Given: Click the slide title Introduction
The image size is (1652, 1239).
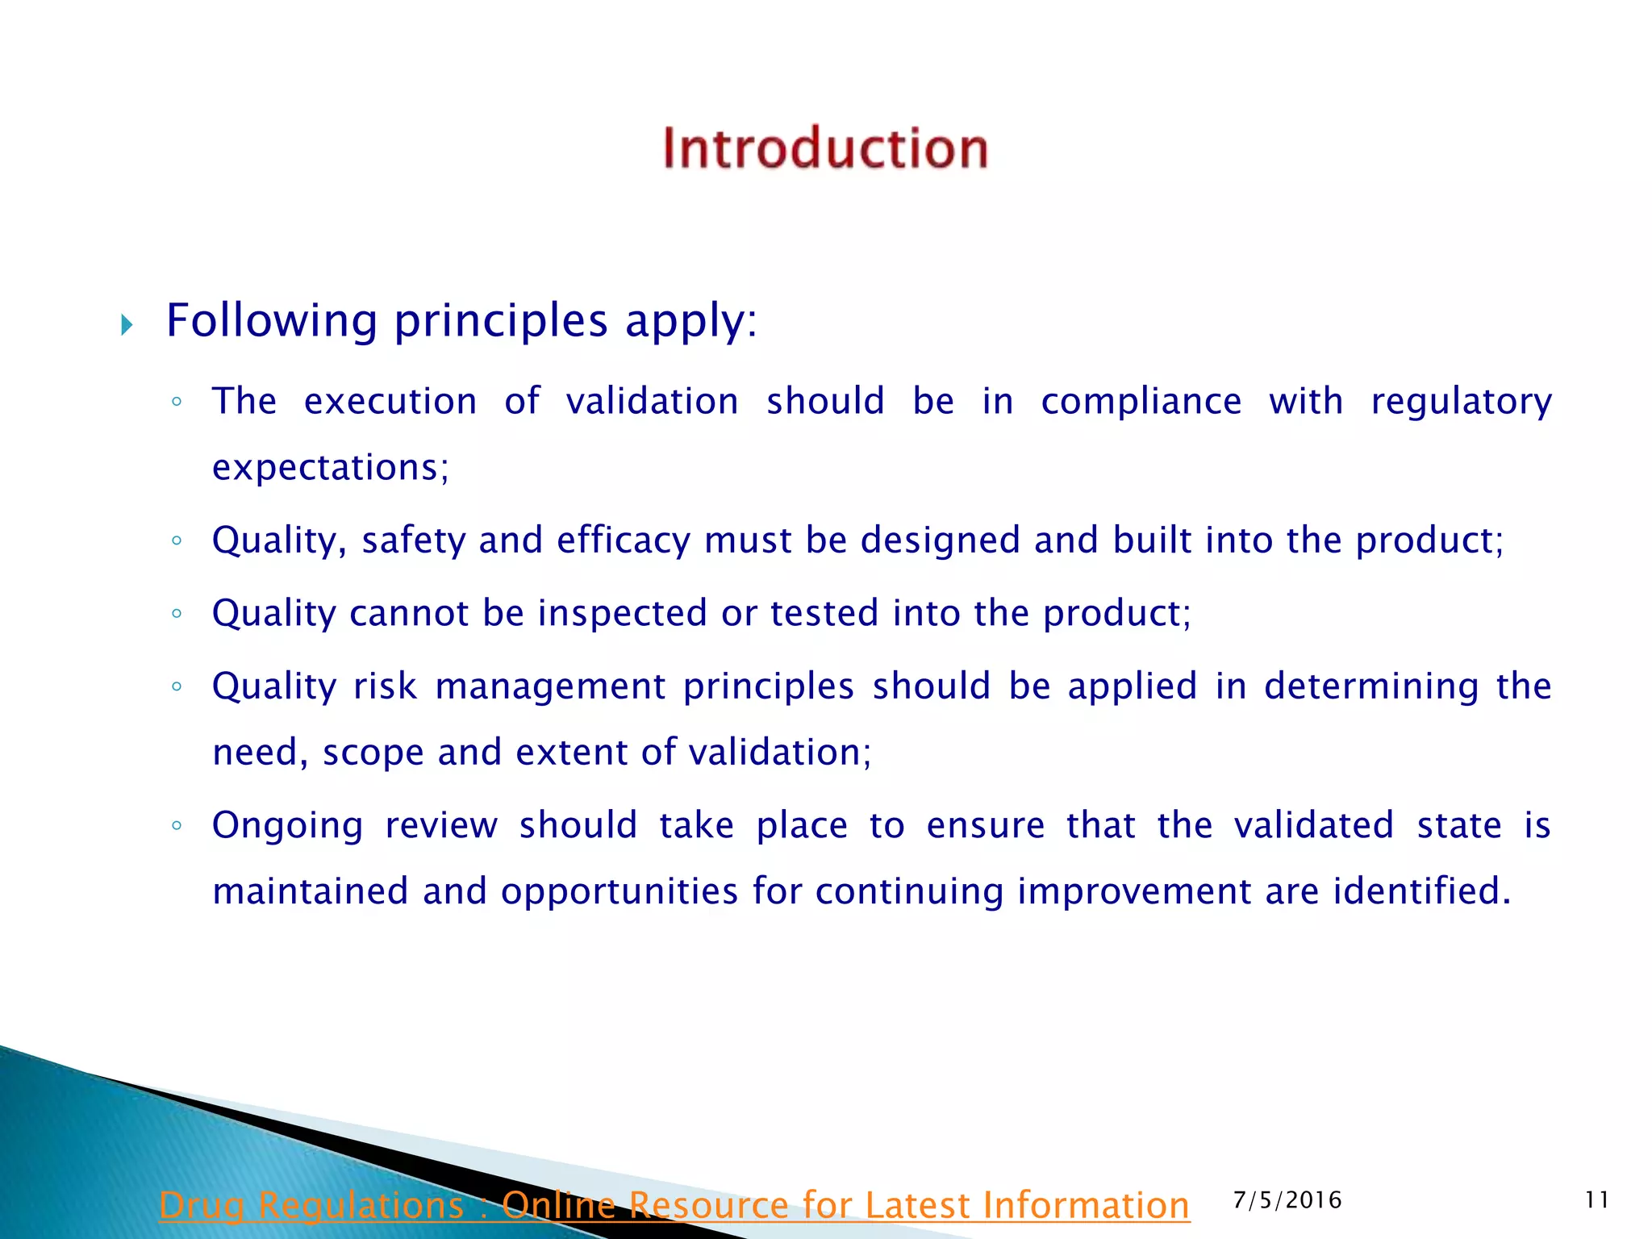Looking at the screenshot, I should pos(825,148).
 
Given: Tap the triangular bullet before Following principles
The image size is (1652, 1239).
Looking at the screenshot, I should pos(127,325).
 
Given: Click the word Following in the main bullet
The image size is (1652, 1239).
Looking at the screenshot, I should pos(272,321).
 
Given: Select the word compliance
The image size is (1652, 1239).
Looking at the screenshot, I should pos(1141,402).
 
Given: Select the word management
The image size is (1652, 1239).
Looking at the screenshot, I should pos(551,686).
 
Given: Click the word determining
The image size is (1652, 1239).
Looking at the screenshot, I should pos(1371,687).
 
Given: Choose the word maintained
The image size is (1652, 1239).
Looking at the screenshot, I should pos(310,892).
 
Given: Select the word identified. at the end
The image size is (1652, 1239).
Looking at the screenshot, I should pos(1421,892).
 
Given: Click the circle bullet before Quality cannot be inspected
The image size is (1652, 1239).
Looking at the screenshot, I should pos(177,614).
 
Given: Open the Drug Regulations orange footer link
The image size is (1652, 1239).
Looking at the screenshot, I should pos(674,1205).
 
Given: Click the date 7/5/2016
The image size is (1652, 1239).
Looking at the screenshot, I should pos(1287,1200).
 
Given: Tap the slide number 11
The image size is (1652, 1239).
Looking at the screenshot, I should pos(1596,1200).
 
